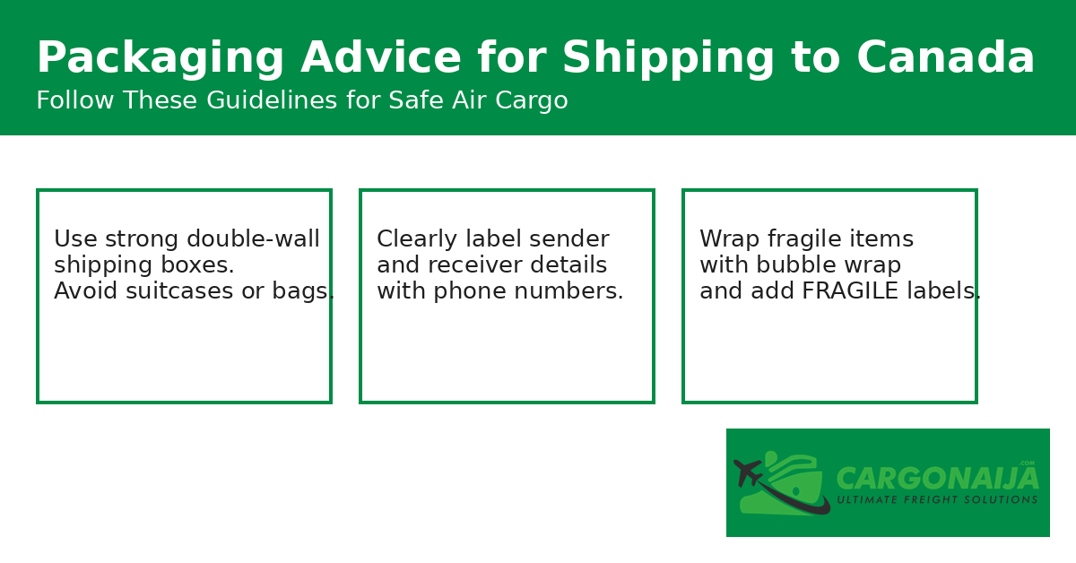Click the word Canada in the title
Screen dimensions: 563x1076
(x=945, y=59)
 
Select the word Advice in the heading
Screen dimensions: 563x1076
(x=380, y=59)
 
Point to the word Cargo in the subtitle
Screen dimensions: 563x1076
(x=534, y=101)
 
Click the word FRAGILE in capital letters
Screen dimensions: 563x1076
(x=848, y=292)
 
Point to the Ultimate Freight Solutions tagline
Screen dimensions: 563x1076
(x=937, y=500)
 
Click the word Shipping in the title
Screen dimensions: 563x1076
(x=668, y=59)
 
